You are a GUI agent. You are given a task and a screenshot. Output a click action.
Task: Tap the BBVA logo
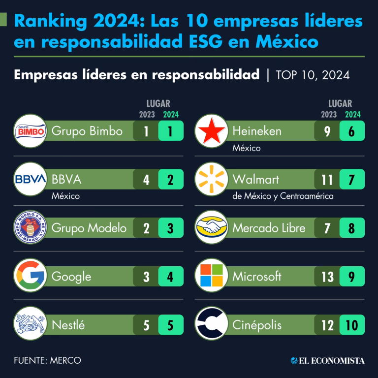[30, 179]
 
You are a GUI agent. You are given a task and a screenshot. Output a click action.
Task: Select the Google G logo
[30, 276]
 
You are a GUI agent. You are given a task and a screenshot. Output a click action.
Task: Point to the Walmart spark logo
[211, 179]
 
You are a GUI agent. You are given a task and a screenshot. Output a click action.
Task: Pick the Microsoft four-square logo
[211, 276]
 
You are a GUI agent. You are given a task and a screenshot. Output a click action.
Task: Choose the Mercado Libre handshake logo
[211, 227]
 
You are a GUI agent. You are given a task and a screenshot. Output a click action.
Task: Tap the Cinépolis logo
[211, 324]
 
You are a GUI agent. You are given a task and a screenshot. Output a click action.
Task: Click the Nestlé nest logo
[30, 324]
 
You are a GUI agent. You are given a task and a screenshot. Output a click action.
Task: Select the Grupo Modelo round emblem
[30, 227]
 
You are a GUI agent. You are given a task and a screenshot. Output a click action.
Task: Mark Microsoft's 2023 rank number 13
[327, 277]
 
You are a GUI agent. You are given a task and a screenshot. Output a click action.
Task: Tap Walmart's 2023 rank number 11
[327, 180]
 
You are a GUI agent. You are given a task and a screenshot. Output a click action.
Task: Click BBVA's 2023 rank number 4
[146, 180]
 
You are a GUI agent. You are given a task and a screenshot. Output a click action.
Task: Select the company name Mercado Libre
[269, 228]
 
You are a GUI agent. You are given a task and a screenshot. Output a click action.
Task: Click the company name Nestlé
[68, 325]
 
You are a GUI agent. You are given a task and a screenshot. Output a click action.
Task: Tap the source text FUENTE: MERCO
[47, 360]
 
